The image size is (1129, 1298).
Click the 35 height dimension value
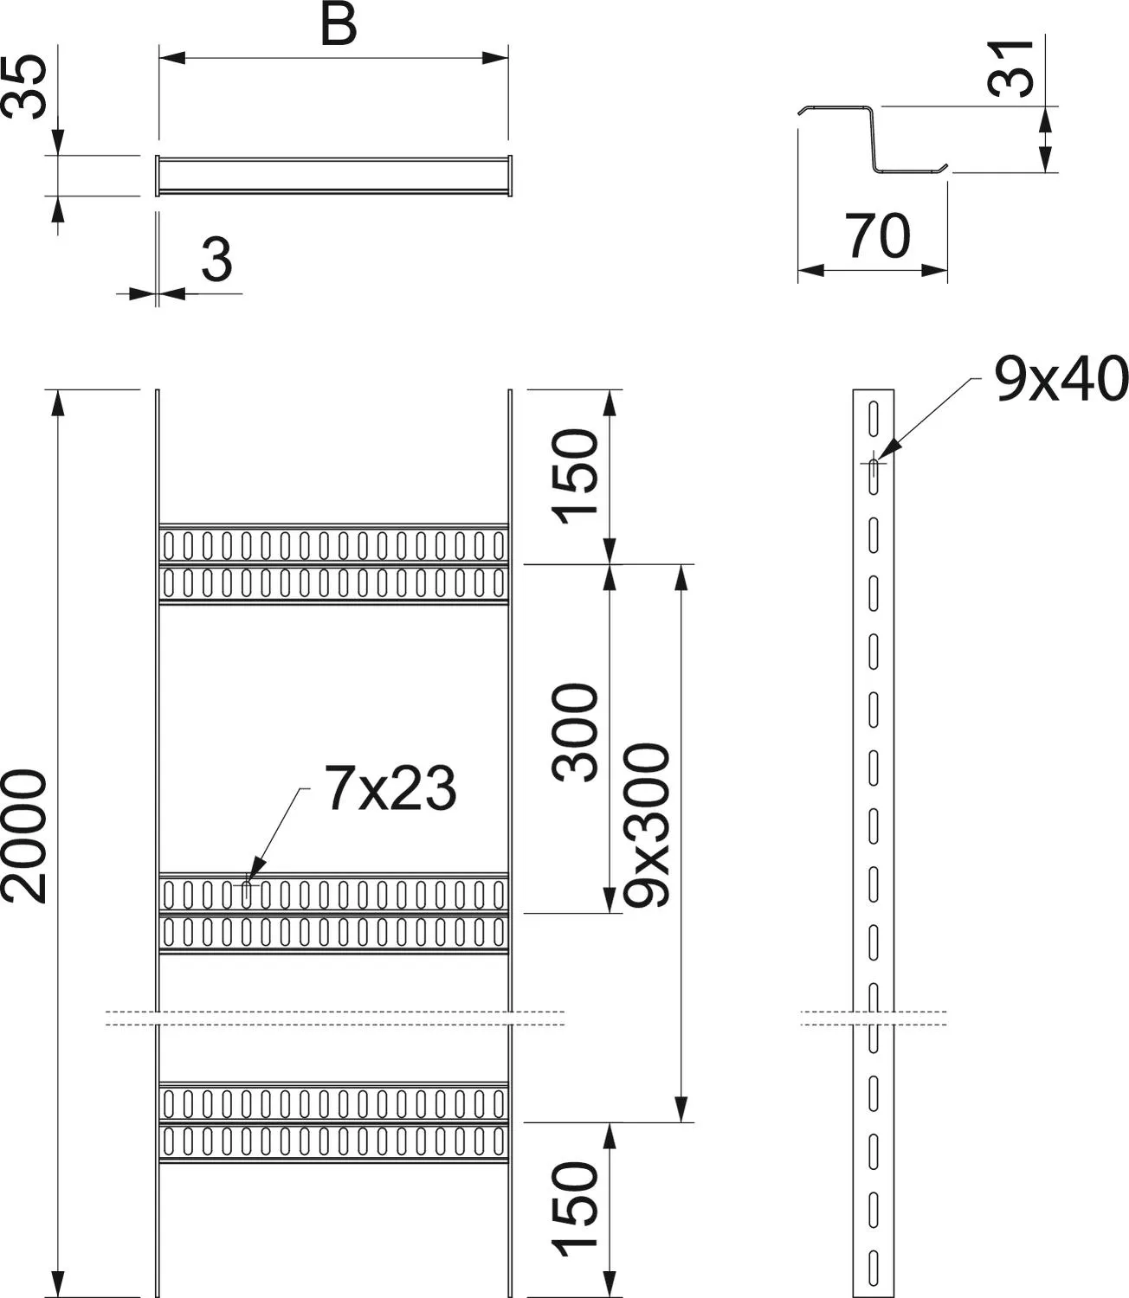25,87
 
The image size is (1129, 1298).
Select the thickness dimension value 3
217,260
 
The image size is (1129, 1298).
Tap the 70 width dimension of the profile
877,235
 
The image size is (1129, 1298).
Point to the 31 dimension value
1011,68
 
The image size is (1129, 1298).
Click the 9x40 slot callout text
1061,379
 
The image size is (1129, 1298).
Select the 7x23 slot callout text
390,788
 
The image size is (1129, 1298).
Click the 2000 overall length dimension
25,836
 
